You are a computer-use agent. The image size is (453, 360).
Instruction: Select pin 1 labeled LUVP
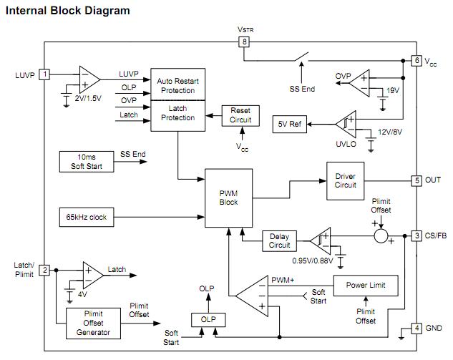pyautogui.click(x=44, y=74)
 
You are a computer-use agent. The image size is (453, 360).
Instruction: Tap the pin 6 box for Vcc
pyautogui.click(x=417, y=61)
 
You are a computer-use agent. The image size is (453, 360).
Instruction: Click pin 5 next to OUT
pyautogui.click(x=417, y=180)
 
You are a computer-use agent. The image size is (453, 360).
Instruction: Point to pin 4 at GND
pyautogui.click(x=417, y=329)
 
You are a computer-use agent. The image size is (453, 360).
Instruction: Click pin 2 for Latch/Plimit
pyautogui.click(x=44, y=270)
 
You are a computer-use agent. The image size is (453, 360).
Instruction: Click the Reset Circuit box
pyautogui.click(x=240, y=115)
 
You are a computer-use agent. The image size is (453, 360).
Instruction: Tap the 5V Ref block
pyautogui.click(x=291, y=124)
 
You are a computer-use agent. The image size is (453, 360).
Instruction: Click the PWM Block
pyautogui.click(x=228, y=198)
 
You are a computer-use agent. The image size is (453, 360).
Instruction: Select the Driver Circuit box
pyautogui.click(x=345, y=180)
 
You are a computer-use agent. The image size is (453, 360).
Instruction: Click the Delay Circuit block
pyautogui.click(x=279, y=240)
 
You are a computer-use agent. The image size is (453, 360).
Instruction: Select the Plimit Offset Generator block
pyautogui.click(x=93, y=323)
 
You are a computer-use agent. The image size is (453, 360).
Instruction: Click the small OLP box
pyautogui.click(x=208, y=319)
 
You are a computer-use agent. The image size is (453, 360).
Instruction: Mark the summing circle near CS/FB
pyautogui.click(x=382, y=235)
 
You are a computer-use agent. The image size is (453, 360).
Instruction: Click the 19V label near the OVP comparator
pyautogui.click(x=392, y=91)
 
